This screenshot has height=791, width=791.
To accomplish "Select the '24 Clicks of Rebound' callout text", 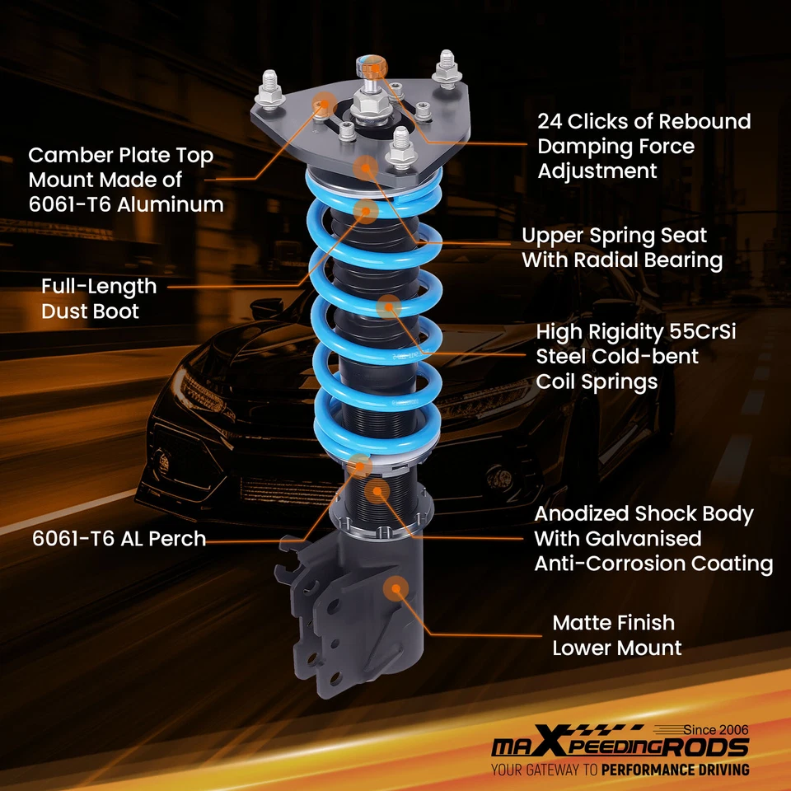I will (x=644, y=121).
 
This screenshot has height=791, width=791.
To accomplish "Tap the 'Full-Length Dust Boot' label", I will (x=98, y=298).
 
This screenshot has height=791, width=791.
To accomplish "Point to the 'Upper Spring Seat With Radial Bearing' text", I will (x=621, y=248).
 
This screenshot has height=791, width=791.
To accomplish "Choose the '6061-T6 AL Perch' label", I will (x=119, y=539).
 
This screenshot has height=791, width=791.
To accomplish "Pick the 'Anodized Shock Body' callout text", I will (x=644, y=514).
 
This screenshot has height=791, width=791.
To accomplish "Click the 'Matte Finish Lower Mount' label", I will (x=616, y=634).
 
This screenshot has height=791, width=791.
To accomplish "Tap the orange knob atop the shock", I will (x=371, y=66).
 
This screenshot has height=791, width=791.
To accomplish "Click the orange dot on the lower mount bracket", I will (x=397, y=587).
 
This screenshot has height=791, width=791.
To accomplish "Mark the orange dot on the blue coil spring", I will (x=388, y=307).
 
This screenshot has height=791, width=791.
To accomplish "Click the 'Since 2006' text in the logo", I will (x=716, y=730).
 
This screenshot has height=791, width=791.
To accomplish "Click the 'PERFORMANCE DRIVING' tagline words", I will (x=675, y=770).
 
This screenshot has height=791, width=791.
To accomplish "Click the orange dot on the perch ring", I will (x=360, y=466).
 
